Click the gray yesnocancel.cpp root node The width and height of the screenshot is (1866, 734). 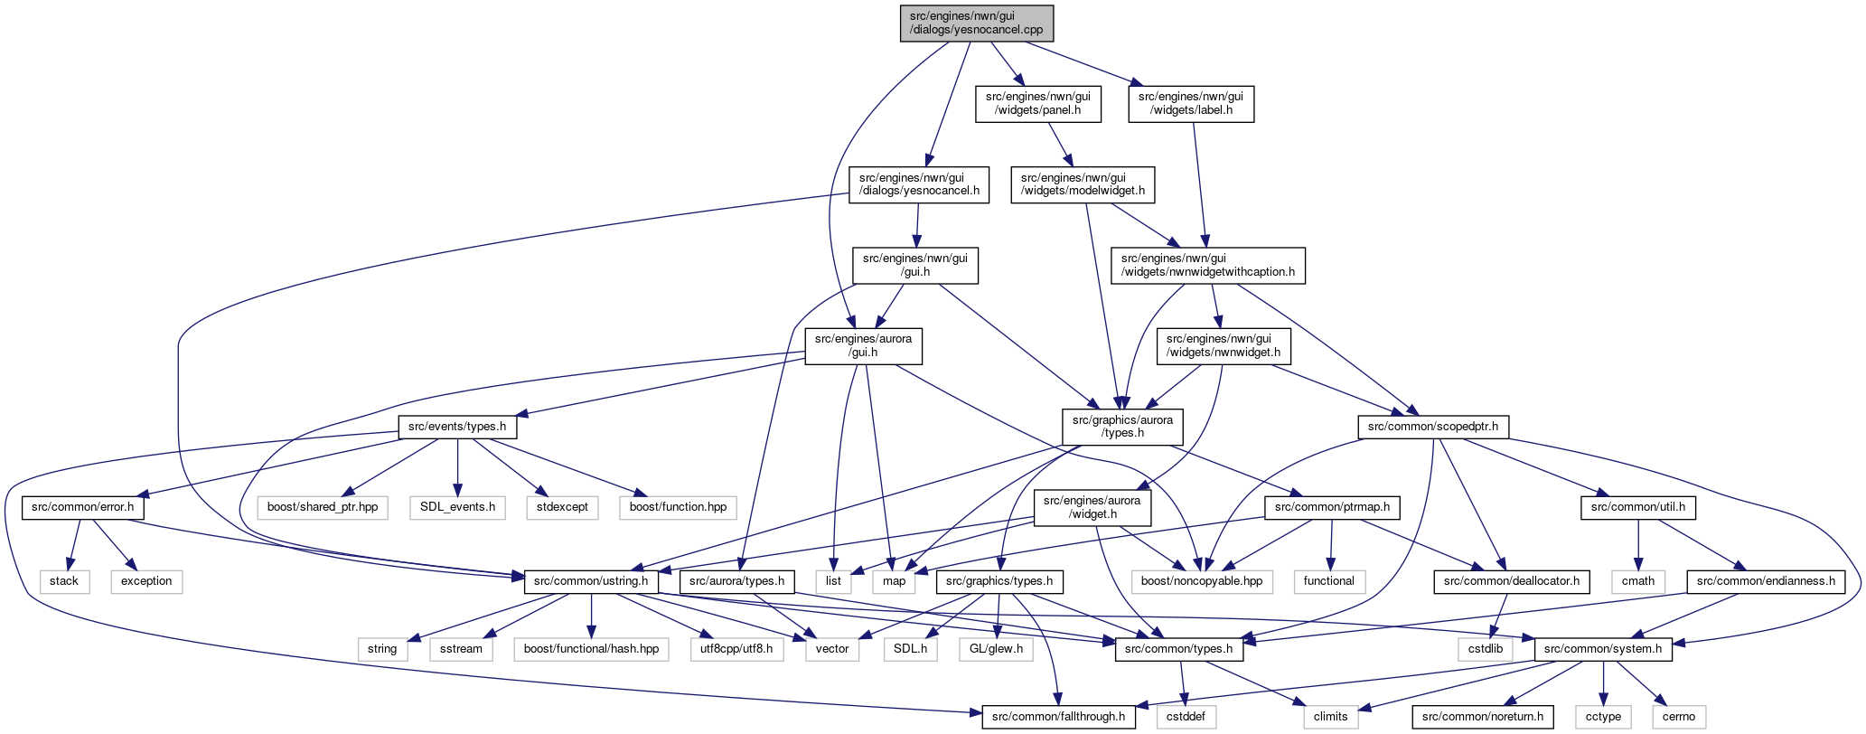977,23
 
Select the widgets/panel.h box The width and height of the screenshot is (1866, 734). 1037,103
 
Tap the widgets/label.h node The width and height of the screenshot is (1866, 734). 1190,103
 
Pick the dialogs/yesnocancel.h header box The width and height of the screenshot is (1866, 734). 919,183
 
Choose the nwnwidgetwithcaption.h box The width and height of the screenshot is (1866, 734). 1208,265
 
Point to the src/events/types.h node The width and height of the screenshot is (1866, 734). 456,427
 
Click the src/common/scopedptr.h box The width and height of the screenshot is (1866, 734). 1433,427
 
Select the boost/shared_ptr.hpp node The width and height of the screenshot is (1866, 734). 323,507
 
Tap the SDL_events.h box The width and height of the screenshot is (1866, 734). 457,507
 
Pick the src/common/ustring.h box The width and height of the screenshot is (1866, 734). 591,581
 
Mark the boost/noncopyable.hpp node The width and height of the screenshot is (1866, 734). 1202,581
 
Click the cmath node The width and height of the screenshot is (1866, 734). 1638,581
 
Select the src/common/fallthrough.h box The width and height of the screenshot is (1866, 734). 1058,717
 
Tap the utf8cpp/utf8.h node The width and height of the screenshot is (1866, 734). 736,649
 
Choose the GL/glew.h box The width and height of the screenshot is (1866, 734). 995,649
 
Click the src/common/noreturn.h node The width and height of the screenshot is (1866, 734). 1483,717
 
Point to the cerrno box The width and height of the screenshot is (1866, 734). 1679,717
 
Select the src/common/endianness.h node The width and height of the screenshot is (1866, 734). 1766,581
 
